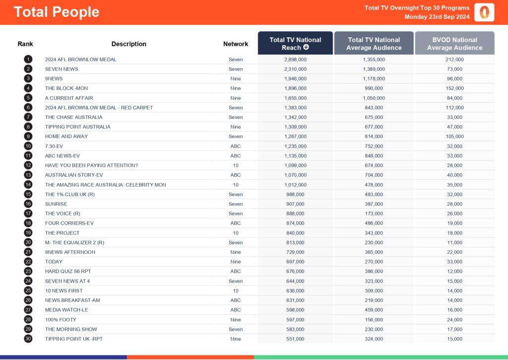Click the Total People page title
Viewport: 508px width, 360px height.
[57, 12]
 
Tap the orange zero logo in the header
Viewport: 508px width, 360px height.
[484, 12]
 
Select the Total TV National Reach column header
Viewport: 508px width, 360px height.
[295, 44]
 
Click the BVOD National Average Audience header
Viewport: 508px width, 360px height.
[454, 44]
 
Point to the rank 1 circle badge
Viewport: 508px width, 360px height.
[28, 60]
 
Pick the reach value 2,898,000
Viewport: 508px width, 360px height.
[295, 60]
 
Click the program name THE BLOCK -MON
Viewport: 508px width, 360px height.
[66, 88]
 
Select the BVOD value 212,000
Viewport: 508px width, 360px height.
[454, 60]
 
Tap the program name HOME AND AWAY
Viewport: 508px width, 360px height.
[66, 137]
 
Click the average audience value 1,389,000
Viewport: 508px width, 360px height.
[374, 69]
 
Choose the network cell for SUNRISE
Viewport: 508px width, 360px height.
[236, 204]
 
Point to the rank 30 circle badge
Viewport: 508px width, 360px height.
[28, 339]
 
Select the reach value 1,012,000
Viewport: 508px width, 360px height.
[295, 185]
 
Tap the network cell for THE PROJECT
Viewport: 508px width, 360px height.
[236, 233]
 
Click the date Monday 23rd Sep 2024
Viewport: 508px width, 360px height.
[437, 17]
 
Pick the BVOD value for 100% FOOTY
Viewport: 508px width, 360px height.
[454, 320]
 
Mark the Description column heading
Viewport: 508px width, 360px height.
[129, 44]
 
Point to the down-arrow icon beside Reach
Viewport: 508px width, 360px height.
[306, 48]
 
